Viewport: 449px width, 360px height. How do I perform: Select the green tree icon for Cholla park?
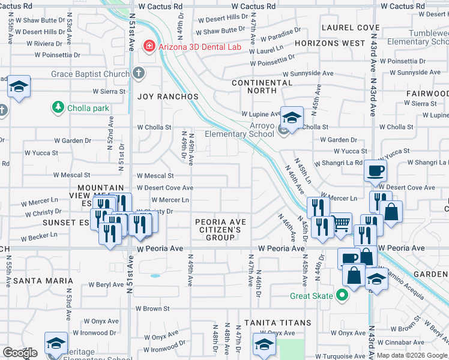58,107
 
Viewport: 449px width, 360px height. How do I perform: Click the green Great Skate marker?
342,295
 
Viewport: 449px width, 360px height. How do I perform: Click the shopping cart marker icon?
342,224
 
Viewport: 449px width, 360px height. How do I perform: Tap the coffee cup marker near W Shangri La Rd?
375,171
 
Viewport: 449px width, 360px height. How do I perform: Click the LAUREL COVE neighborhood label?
351,28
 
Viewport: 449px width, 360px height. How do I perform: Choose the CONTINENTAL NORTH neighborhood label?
262,86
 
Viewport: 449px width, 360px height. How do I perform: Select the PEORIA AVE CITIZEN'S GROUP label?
220,230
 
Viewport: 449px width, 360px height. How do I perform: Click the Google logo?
20,353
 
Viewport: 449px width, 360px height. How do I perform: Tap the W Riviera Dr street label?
40,44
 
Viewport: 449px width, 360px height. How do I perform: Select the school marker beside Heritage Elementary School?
56,344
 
